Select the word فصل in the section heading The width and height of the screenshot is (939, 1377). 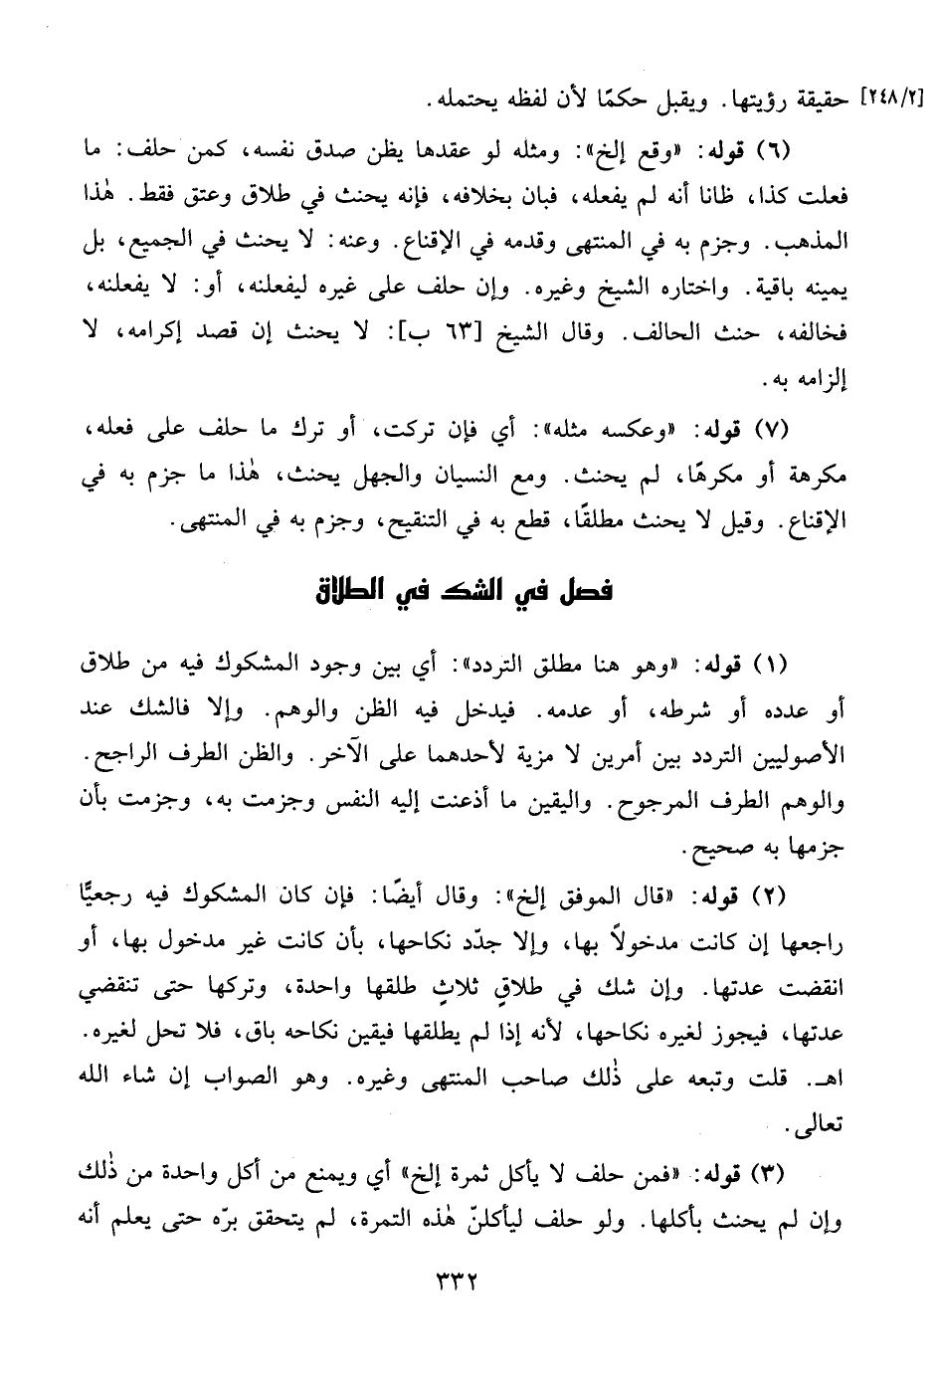580,594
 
